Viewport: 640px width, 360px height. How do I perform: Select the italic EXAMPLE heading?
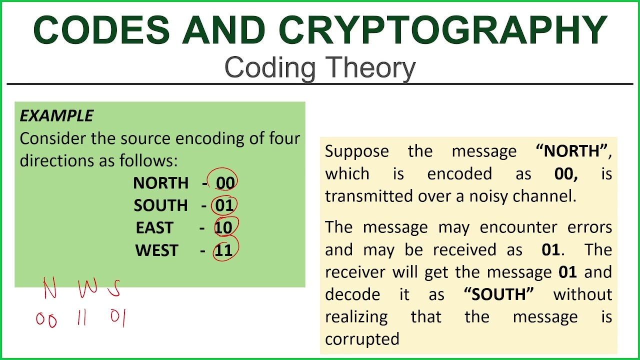(56, 116)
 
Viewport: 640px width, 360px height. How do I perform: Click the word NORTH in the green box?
(160, 183)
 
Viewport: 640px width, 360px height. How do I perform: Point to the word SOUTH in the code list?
(160, 205)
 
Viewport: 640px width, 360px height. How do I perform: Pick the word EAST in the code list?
(154, 228)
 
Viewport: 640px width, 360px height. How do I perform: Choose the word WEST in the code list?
(156, 250)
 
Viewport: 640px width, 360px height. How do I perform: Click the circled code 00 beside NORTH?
(225, 183)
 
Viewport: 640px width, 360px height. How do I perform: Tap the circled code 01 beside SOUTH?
(224, 205)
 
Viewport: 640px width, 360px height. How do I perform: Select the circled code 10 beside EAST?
(223, 228)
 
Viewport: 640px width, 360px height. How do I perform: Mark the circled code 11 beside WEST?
(223, 250)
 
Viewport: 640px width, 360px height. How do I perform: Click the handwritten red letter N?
(49, 288)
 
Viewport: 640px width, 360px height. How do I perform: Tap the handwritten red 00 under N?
(46, 320)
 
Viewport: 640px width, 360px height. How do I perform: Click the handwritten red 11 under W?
(82, 318)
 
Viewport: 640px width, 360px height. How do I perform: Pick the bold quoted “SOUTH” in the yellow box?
(498, 294)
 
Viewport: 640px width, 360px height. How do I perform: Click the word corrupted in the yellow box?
(362, 339)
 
